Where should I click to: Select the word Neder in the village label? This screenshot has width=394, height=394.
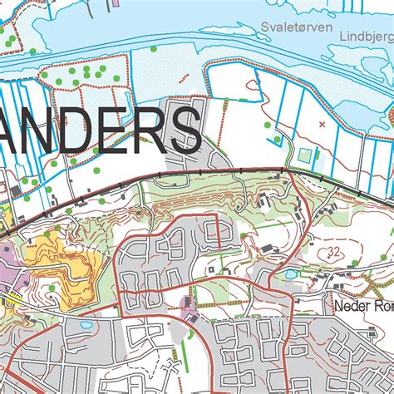(x=350, y=305)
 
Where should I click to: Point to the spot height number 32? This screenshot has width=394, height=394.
(x=335, y=249)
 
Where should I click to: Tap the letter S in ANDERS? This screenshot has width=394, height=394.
(x=181, y=131)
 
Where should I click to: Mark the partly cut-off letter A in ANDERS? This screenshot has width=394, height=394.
(x=4, y=131)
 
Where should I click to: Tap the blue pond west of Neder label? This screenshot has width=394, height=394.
(x=290, y=273)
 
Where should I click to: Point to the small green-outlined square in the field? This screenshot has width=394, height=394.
(x=304, y=155)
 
